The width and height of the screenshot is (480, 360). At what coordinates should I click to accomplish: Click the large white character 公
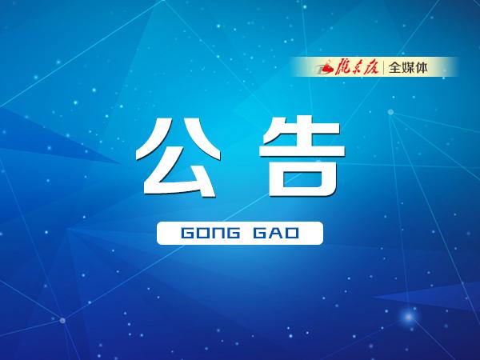click(176, 156)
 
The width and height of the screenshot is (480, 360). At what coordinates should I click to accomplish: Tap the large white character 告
click(302, 156)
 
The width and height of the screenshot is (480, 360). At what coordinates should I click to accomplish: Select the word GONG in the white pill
click(209, 233)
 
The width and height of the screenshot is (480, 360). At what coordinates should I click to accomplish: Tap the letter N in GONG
click(216, 233)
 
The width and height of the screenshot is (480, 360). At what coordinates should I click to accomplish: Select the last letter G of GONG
click(231, 233)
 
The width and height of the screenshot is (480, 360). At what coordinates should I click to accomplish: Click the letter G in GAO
click(261, 233)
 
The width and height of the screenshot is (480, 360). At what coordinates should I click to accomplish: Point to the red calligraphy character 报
click(376, 67)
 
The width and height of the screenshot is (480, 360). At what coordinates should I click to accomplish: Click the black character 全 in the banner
click(397, 68)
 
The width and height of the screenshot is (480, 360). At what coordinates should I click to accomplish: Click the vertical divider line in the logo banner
click(386, 67)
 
